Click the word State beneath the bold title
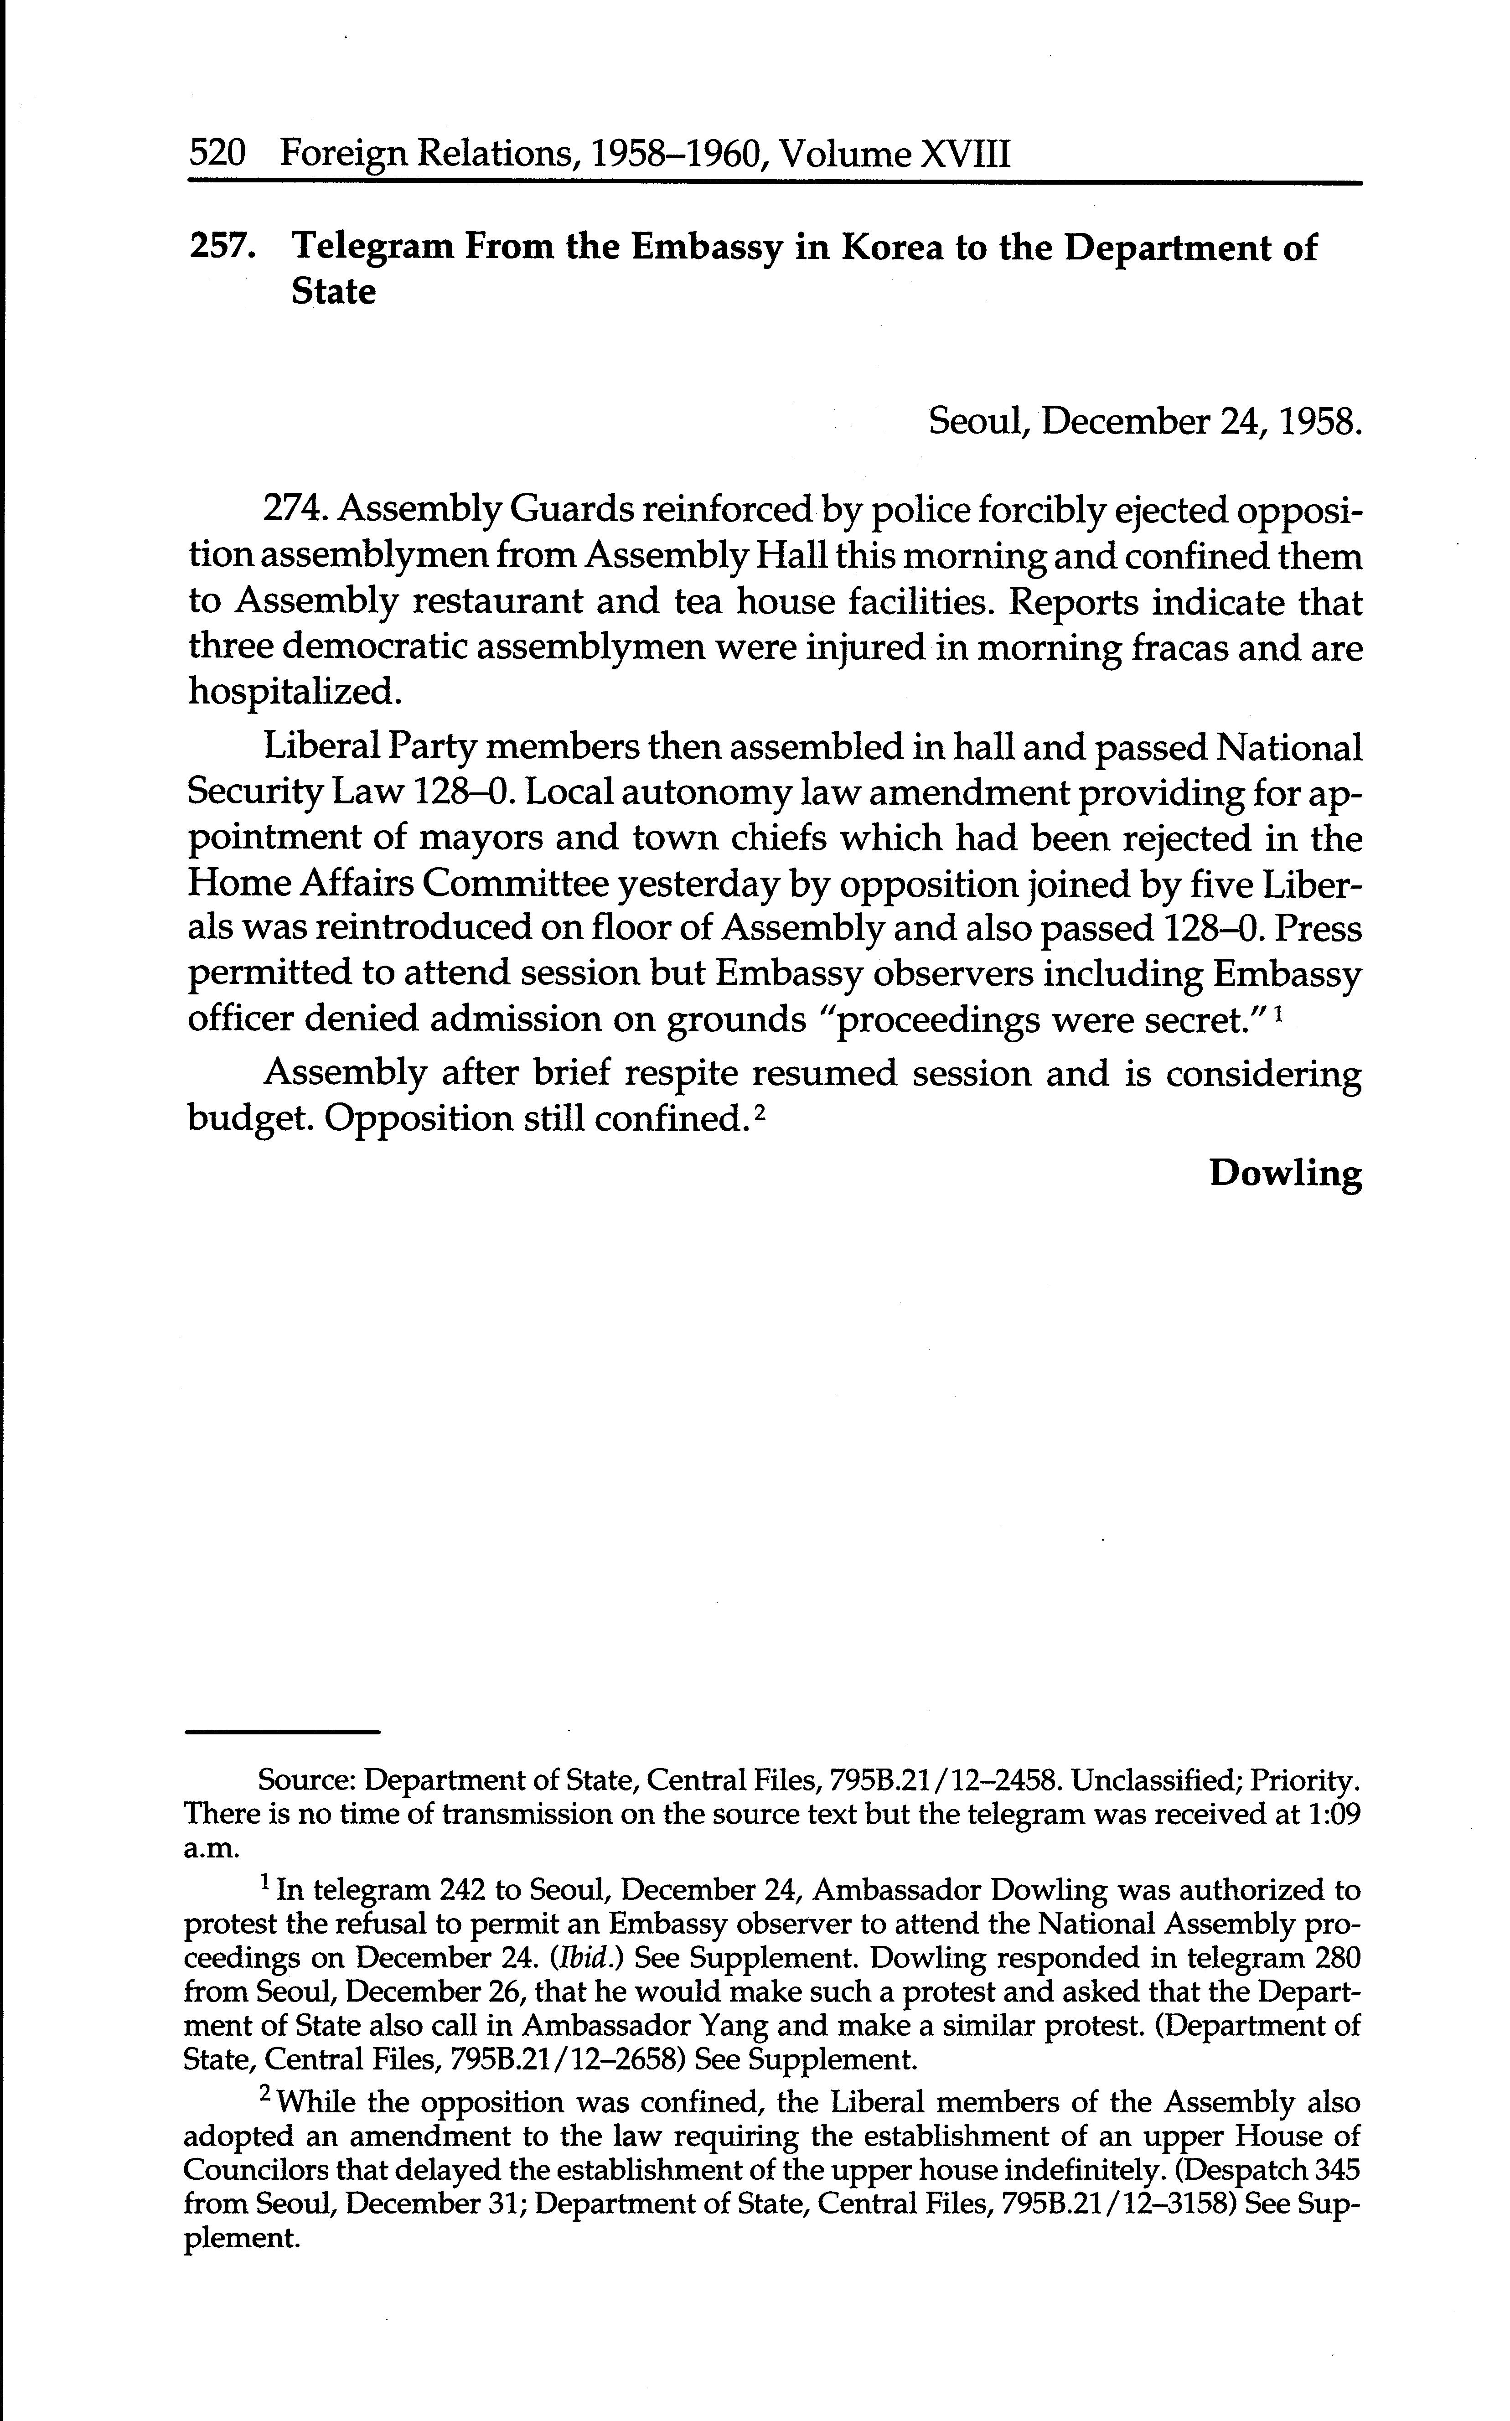pyautogui.click(x=334, y=292)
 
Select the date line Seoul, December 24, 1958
pyautogui.click(x=1144, y=423)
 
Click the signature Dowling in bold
pyautogui.click(x=1285, y=1173)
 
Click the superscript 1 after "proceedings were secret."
pyautogui.click(x=1279, y=1010)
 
